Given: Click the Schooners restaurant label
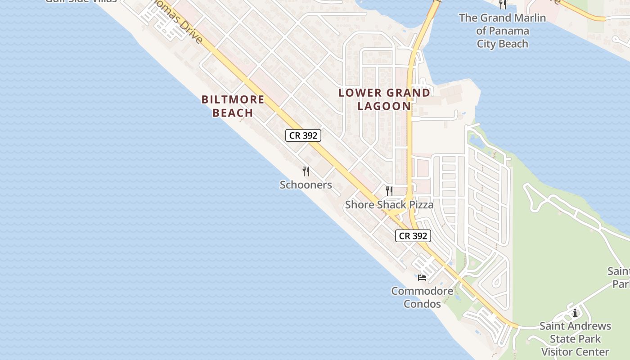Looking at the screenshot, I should [306, 184].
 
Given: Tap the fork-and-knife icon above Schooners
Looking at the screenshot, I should [306, 171].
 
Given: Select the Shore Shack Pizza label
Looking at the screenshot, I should [389, 205].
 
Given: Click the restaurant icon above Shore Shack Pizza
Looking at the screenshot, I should [389, 191].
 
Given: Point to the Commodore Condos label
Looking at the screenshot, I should [422, 297].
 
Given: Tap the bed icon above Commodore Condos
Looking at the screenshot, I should [422, 277].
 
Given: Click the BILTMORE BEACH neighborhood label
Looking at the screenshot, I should [233, 106].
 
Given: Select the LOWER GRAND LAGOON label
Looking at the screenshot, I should [384, 99].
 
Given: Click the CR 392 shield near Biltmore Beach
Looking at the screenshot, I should [303, 135].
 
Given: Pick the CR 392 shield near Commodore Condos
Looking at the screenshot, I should [413, 236].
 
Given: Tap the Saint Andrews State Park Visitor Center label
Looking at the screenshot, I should [575, 338].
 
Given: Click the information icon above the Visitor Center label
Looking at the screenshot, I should [575, 313].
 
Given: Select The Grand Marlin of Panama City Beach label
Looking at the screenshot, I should [502, 31].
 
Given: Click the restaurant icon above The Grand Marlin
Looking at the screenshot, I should [503, 4].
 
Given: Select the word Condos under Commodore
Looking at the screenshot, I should [422, 304].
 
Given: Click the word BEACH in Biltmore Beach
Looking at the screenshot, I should [233, 112].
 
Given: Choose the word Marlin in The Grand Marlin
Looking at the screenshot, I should [529, 18].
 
